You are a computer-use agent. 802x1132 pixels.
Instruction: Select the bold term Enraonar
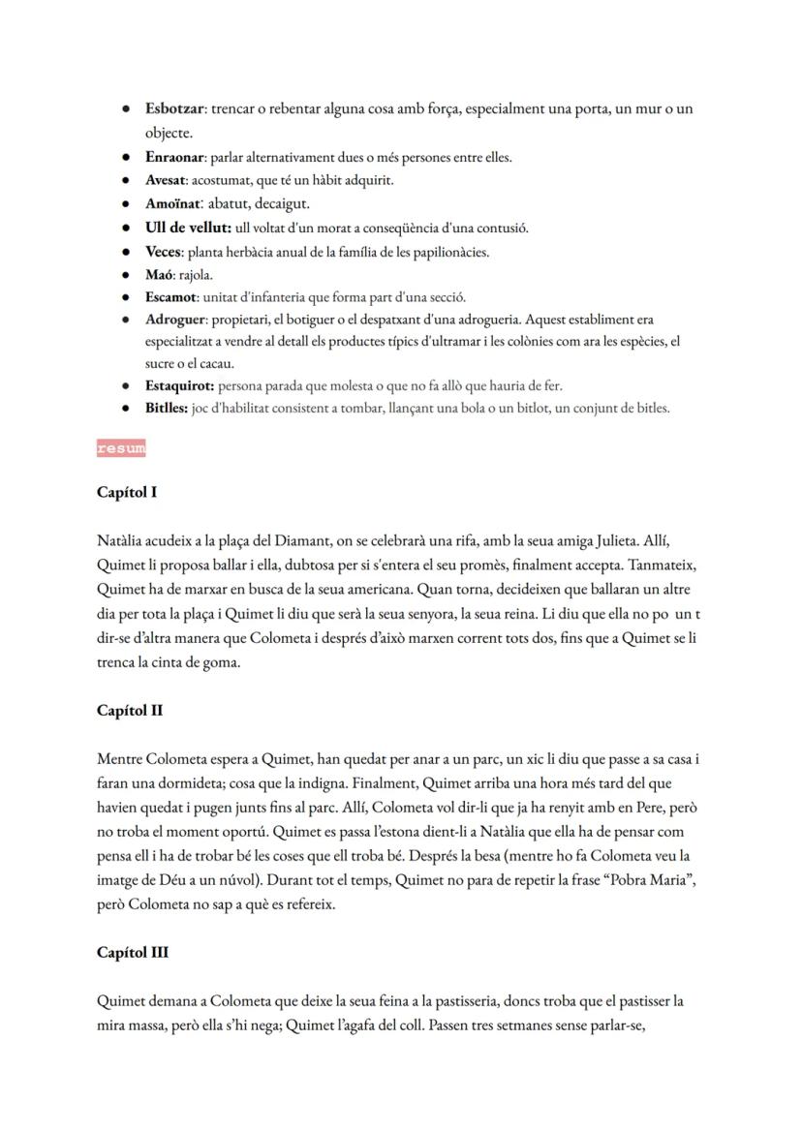174,157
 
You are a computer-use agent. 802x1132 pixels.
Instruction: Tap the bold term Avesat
166,180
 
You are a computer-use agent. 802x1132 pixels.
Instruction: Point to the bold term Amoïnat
172,204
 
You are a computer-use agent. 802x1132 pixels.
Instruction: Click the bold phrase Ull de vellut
187,229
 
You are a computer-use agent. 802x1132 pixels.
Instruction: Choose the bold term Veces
164,252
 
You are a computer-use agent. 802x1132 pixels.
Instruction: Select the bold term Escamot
171,297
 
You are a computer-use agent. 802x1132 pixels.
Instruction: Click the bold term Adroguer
175,320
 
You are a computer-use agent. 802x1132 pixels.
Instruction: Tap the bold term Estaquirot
178,385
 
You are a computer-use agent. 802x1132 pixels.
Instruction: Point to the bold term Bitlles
166,409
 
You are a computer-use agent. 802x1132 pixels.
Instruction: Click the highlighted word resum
121,448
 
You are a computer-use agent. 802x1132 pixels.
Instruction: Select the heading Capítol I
127,492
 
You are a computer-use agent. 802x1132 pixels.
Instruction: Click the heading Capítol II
130,710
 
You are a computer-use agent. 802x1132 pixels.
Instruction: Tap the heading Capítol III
133,952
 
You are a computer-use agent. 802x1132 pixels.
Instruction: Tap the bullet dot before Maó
126,275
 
